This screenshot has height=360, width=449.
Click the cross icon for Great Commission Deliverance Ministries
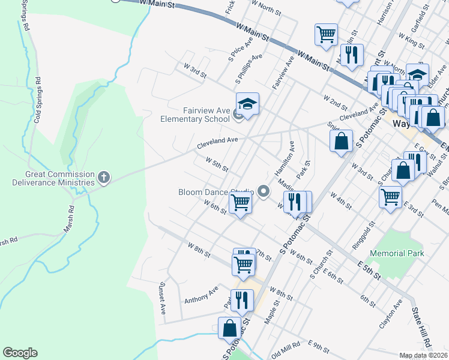point(104,176)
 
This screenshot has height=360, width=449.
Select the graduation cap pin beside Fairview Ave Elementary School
point(247,104)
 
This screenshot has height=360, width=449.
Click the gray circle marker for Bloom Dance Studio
point(263,191)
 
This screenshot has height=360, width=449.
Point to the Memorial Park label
point(397,254)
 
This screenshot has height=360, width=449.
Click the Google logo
point(20,353)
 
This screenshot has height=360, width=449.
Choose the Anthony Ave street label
point(201,295)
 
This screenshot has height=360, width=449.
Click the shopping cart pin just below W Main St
point(326,34)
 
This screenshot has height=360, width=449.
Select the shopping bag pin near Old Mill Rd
point(229,328)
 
